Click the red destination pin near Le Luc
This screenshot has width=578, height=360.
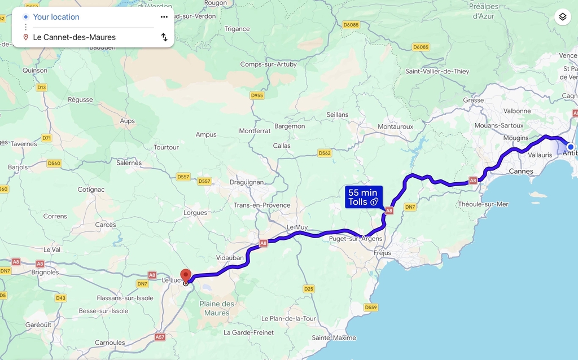tap(186, 275)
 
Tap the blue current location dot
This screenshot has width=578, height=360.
tap(570, 147)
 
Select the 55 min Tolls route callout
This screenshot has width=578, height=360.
tap(364, 197)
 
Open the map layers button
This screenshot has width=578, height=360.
tap(562, 17)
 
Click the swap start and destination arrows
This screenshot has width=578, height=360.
tap(164, 37)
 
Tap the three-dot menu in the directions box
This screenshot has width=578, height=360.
tap(164, 17)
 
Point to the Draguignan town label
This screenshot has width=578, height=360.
tap(247, 182)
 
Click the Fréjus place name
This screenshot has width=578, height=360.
tap(382, 253)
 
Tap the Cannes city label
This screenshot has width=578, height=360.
tap(520, 171)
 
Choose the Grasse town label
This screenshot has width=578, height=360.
tap(474, 100)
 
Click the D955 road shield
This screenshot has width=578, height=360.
tap(257, 95)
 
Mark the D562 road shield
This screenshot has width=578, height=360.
tap(325, 153)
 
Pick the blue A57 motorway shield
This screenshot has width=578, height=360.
tap(160, 337)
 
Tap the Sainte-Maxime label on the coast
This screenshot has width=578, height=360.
tap(334, 337)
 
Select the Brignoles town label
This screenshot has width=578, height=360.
tap(45, 272)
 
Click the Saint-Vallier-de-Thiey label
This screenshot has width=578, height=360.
tap(437, 71)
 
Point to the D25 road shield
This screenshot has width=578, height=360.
tap(308, 289)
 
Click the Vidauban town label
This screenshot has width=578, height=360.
tap(230, 257)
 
